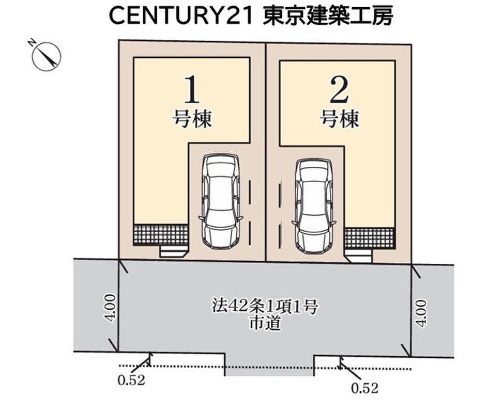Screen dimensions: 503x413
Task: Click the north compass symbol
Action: pyautogui.click(x=47, y=56)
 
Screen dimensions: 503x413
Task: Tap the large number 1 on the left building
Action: pyautogui.click(x=192, y=90)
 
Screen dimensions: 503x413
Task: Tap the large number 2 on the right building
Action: pyautogui.click(x=339, y=91)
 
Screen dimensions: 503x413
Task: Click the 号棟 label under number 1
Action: pyautogui.click(x=192, y=119)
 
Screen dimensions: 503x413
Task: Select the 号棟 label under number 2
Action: pyautogui.click(x=339, y=119)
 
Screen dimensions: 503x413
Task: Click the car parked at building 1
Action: pyautogui.click(x=221, y=201)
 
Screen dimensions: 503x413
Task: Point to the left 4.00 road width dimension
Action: pyautogui.click(x=110, y=308)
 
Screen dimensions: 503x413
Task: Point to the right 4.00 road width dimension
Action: pyautogui.click(x=421, y=313)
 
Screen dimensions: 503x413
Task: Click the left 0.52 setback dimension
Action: pyautogui.click(x=131, y=380)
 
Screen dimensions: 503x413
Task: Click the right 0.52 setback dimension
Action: pyautogui.click(x=365, y=388)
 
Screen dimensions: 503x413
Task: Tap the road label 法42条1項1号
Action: pyautogui.click(x=265, y=306)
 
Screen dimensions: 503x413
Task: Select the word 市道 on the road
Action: pyautogui.click(x=265, y=323)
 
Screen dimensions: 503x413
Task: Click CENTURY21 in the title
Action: pyautogui.click(x=181, y=16)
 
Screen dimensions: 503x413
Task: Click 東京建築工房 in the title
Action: pyautogui.click(x=328, y=15)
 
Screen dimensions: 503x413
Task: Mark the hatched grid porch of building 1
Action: pyautogui.click(x=160, y=235)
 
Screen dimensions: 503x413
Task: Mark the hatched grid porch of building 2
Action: pyautogui.click(x=369, y=239)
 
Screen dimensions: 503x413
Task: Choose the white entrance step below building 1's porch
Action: pyautogui.click(x=173, y=251)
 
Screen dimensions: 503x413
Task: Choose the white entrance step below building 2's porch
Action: pyautogui.click(x=359, y=256)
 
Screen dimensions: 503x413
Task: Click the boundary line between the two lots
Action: pyautogui.click(x=266, y=152)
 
